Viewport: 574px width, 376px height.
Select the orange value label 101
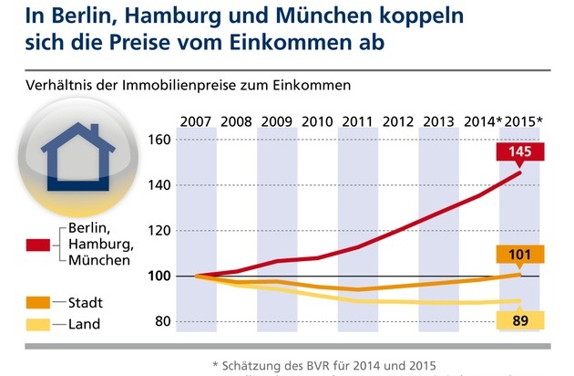522,255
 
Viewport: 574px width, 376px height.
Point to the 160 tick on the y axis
162,140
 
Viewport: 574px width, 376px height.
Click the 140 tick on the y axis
162,185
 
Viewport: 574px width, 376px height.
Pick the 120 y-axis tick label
162,230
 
